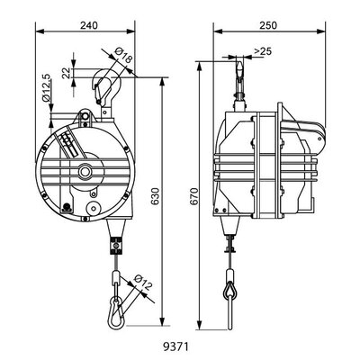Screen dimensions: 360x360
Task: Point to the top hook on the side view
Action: click(242, 72)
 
